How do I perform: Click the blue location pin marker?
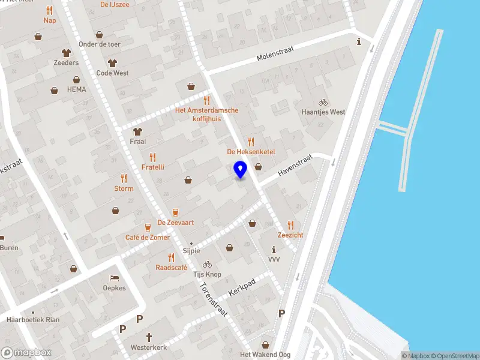240,170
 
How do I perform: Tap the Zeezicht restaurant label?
290,235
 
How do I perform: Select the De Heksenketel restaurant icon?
251,142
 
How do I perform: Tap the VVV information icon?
274,250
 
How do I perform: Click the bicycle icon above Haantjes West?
323,103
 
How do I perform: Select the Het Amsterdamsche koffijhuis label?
206,115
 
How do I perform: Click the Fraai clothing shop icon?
138,131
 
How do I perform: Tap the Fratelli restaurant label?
152,167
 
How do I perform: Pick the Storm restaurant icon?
124,178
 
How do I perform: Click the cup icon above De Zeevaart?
175,212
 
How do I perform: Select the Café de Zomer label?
147,238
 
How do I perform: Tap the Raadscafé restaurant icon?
172,257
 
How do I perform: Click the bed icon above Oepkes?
114,278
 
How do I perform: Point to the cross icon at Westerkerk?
148,337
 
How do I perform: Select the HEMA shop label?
77,89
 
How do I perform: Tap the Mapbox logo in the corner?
26,353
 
